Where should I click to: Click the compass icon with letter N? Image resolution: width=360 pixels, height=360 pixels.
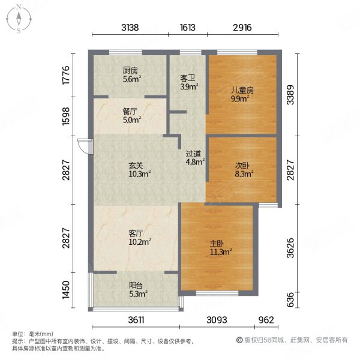[19, 19]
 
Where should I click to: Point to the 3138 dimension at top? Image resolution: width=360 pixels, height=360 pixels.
[130, 28]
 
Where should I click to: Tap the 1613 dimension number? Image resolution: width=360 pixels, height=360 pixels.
[188, 28]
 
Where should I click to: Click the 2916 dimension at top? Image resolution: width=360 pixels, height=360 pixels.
[242, 28]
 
